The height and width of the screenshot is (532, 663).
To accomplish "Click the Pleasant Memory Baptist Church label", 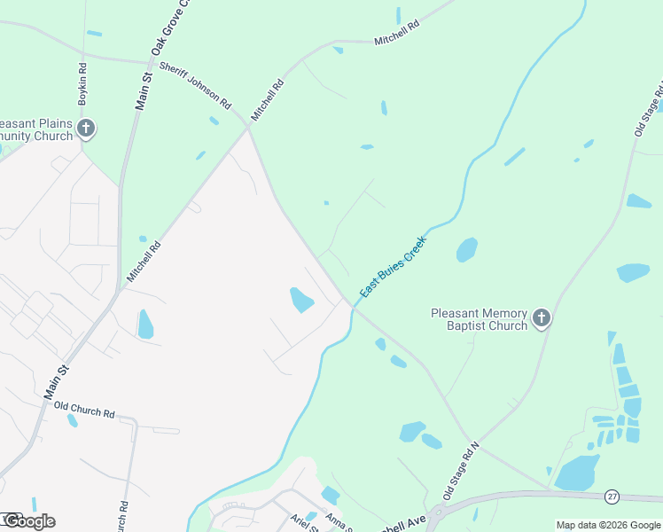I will (x=479, y=319).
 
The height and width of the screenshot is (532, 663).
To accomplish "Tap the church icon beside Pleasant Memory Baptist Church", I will (x=542, y=318).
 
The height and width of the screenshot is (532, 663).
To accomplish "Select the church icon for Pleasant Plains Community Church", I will (x=86, y=129).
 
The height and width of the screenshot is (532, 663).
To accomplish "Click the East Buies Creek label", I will (x=394, y=266).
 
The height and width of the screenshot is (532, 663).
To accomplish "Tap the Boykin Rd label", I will (x=82, y=84).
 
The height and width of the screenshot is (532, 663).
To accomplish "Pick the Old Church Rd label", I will (x=85, y=413).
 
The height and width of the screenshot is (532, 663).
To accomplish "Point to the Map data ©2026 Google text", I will (x=608, y=525).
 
